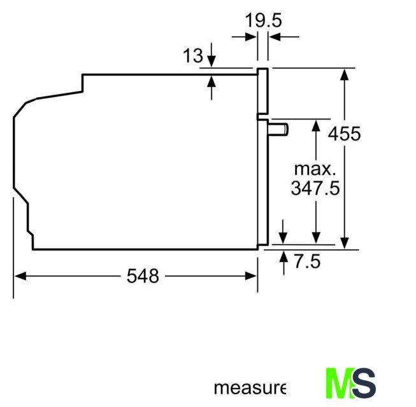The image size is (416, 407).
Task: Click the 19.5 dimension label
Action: pyautogui.click(x=263, y=20)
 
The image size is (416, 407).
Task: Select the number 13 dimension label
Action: pyautogui.click(x=193, y=56)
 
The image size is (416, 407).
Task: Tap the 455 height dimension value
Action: pyautogui.click(x=344, y=134)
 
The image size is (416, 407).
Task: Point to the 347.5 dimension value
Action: pyautogui.click(x=315, y=188)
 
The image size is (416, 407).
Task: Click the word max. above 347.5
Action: pyautogui.click(x=315, y=169)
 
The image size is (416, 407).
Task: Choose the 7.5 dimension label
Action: pyautogui.click(x=307, y=261)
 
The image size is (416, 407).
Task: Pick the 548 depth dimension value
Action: pyautogui.click(x=143, y=276)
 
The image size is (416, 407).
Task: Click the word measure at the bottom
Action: pyautogui.click(x=250, y=388)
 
